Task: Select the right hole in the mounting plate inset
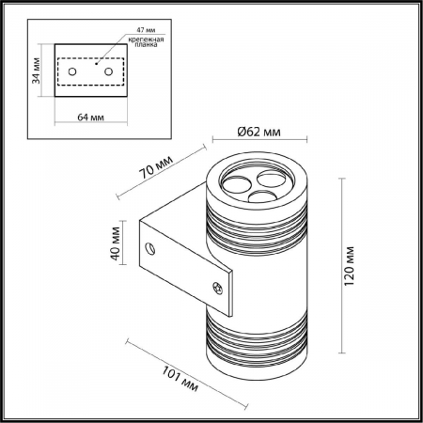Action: (x=109, y=70)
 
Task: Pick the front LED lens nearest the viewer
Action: (x=257, y=196)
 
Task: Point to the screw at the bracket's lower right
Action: (x=222, y=288)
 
